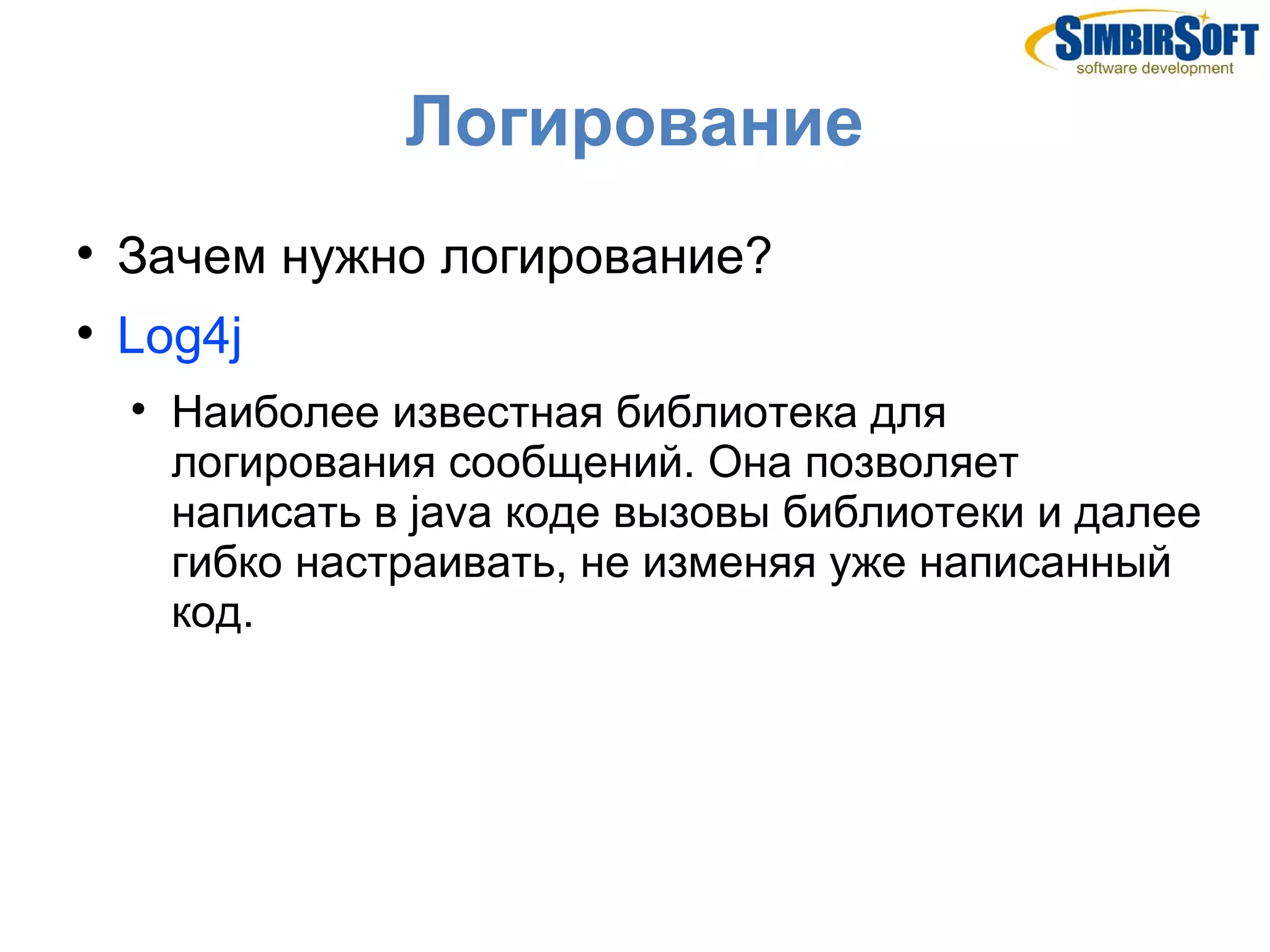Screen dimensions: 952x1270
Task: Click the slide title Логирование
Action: point(633,122)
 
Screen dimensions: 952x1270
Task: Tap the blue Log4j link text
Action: point(179,336)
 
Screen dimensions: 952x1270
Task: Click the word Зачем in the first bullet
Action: point(192,256)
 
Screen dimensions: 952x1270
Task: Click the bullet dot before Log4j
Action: point(85,333)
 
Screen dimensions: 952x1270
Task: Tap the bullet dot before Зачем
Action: point(85,253)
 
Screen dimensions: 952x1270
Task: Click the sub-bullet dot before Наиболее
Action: point(138,409)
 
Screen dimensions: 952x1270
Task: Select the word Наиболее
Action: point(275,412)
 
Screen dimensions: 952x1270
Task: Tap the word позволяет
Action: point(912,463)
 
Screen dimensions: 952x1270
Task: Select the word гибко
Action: point(226,563)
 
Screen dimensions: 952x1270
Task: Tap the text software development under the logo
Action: point(1155,68)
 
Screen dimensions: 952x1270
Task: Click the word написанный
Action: point(1044,563)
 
